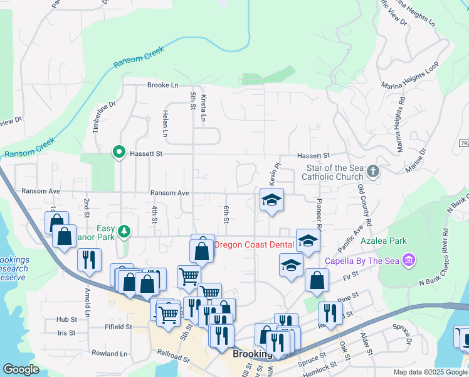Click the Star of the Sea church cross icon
coord(373,171)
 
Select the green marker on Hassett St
coord(118,152)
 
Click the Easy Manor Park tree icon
coord(125,232)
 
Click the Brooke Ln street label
coord(163,85)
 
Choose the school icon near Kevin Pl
coord(271,200)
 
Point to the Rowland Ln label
coord(109,354)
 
